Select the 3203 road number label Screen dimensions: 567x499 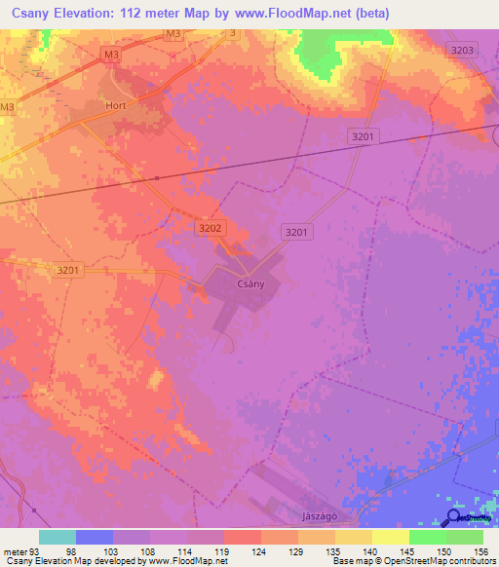click(x=464, y=50)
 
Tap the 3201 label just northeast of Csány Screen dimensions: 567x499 click(x=297, y=231)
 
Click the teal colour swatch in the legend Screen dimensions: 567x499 click(x=58, y=537)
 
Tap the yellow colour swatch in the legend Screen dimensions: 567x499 click(x=390, y=537)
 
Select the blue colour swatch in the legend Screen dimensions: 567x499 click(x=95, y=537)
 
